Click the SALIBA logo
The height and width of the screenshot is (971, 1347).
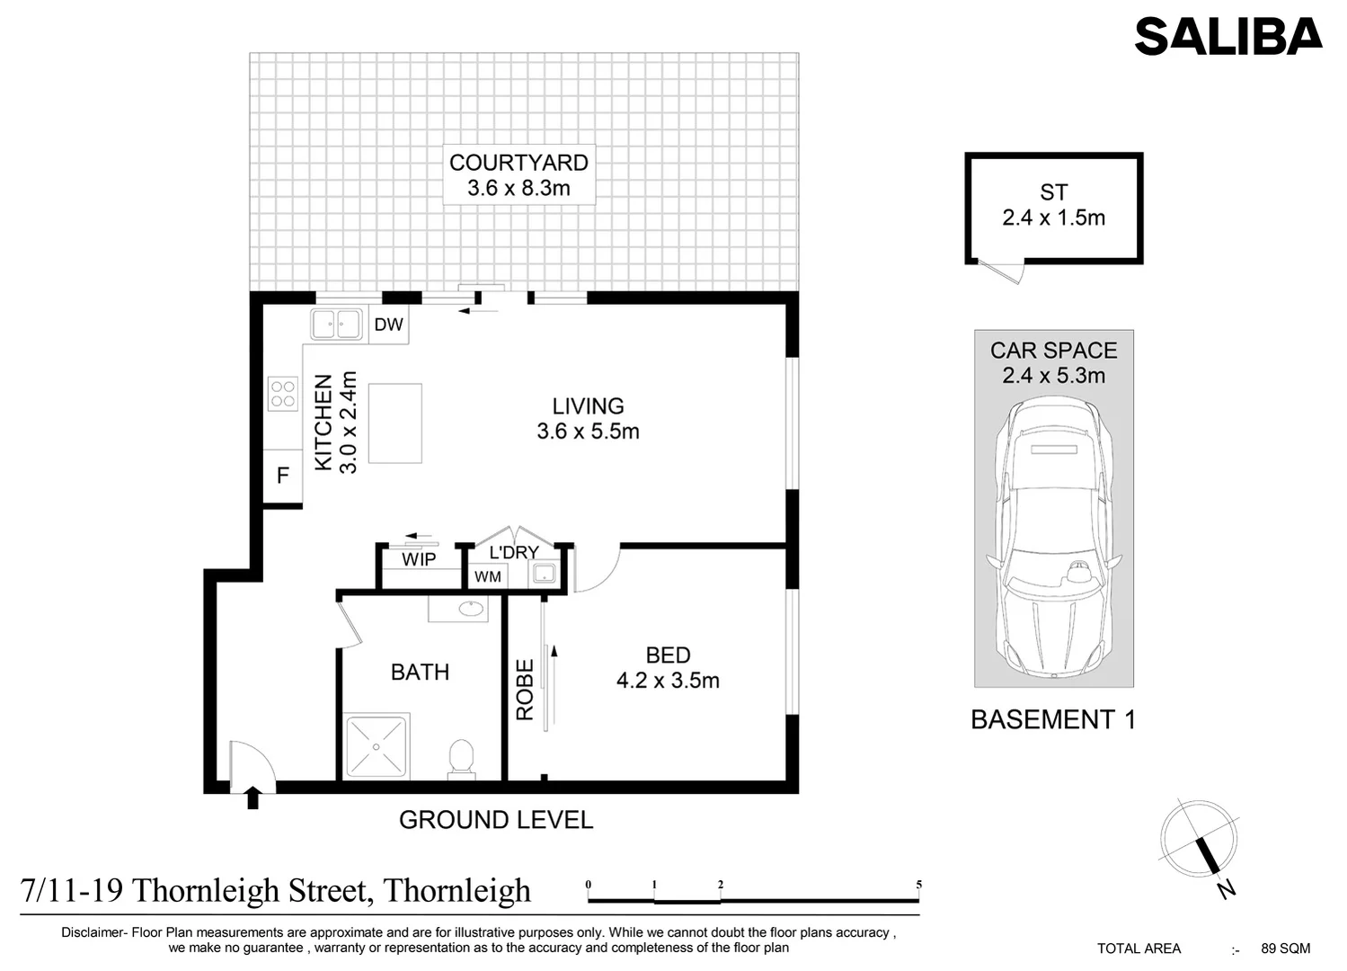[x=1227, y=37]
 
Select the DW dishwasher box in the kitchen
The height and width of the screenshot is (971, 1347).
[x=388, y=325]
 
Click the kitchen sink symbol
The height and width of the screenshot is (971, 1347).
[x=336, y=324]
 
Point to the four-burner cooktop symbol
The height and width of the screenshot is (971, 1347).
[x=282, y=394]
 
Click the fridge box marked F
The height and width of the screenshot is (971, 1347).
[x=282, y=476]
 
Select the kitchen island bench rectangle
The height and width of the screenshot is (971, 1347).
[x=395, y=423]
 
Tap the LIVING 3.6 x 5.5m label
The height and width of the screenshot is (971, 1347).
[x=588, y=419]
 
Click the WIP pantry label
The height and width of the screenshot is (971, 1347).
[x=419, y=559]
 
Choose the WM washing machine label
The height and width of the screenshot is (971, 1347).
[x=488, y=576]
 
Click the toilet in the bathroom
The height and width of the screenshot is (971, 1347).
[x=461, y=757]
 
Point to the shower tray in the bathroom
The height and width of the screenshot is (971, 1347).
[x=377, y=745]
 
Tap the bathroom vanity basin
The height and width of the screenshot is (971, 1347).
[x=469, y=609]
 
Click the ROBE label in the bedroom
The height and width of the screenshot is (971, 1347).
[x=525, y=690]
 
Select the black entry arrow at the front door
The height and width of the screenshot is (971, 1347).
[x=253, y=797]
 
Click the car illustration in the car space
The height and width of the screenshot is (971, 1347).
[x=1053, y=537]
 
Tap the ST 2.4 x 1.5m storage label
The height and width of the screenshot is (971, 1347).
[x=1053, y=205]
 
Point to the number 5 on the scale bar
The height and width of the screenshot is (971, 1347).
[x=918, y=885]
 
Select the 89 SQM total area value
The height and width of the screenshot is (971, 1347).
[x=1285, y=949]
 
